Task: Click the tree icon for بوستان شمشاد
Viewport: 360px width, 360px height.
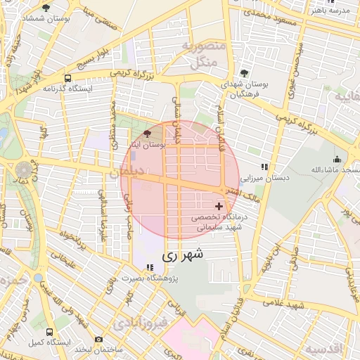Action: tap(46, 8)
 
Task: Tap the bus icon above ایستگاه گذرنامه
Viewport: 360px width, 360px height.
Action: tap(67, 79)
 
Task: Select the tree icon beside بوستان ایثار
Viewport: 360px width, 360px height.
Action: tap(147, 134)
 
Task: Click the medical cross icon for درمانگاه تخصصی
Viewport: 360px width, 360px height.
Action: tap(219, 207)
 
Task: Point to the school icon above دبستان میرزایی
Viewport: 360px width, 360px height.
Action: tap(264, 167)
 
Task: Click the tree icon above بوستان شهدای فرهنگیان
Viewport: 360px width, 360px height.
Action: tap(243, 73)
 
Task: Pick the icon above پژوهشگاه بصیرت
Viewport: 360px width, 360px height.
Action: tap(149, 267)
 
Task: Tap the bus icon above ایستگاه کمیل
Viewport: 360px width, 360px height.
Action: tap(49, 330)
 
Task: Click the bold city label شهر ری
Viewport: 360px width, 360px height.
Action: tap(182, 257)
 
